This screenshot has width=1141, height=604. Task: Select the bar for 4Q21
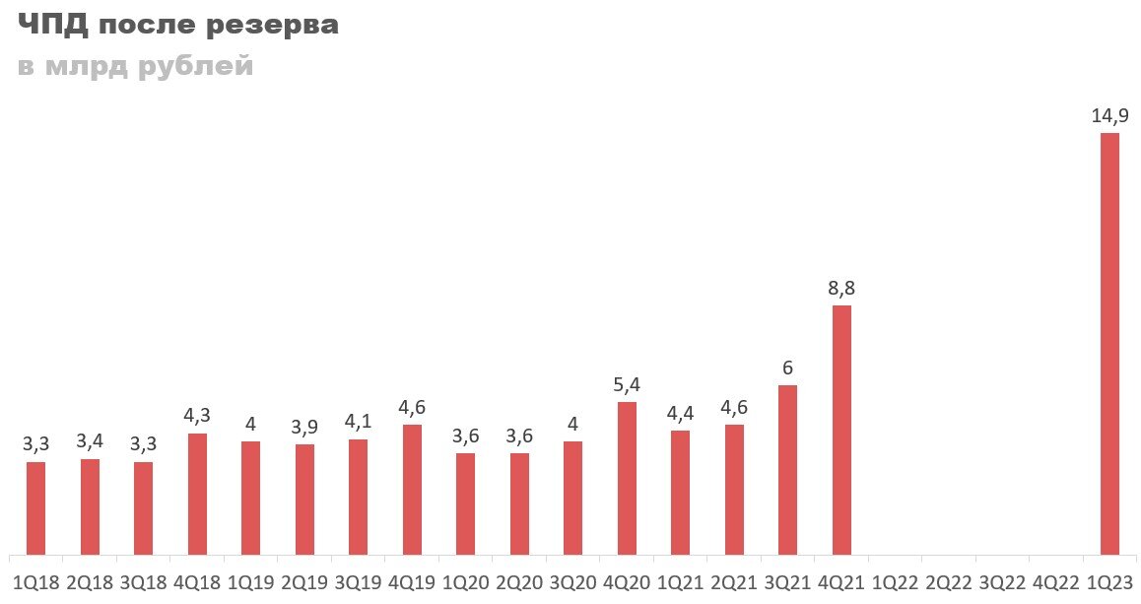pos(841,430)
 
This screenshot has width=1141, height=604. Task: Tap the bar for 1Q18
pos(36,507)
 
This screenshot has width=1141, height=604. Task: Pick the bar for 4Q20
pos(627,478)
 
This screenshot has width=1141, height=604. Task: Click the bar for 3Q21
pos(787,469)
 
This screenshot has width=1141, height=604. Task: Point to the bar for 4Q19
pos(412,489)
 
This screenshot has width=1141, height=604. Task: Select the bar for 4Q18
pos(197,493)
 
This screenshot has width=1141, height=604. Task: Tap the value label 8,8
pos(841,289)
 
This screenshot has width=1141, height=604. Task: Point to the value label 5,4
pos(627,385)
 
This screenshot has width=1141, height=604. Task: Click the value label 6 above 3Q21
pos(787,369)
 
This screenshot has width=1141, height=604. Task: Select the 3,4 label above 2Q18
pos(90,442)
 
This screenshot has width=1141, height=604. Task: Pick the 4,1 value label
pos(359,423)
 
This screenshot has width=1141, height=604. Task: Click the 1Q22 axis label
pos(895,582)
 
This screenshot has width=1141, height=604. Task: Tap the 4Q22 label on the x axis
pos(1055,582)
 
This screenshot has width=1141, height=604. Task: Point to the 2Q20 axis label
pos(519,582)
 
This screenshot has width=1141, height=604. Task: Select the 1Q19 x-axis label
pos(251,582)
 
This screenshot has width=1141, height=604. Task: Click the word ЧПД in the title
pos(51,27)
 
